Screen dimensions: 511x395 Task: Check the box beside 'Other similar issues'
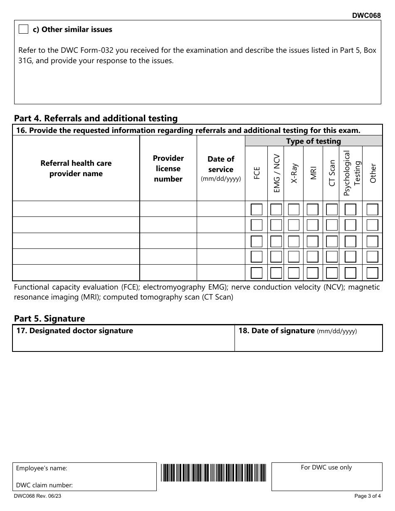(24, 29)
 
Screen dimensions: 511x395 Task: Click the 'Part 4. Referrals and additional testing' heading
(96, 118)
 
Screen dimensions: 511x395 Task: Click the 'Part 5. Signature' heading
(49, 319)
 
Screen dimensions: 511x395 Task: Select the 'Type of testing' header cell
(314, 141)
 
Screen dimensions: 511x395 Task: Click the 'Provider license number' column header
(168, 169)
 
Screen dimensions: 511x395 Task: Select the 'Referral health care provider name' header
(76, 169)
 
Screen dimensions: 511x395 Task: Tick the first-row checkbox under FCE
(257, 209)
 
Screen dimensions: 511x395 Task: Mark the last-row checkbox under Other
(373, 273)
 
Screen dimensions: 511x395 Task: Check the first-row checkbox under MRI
(313, 209)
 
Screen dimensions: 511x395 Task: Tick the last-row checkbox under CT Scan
(332, 273)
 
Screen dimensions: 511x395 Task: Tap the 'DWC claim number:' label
(44, 485)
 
